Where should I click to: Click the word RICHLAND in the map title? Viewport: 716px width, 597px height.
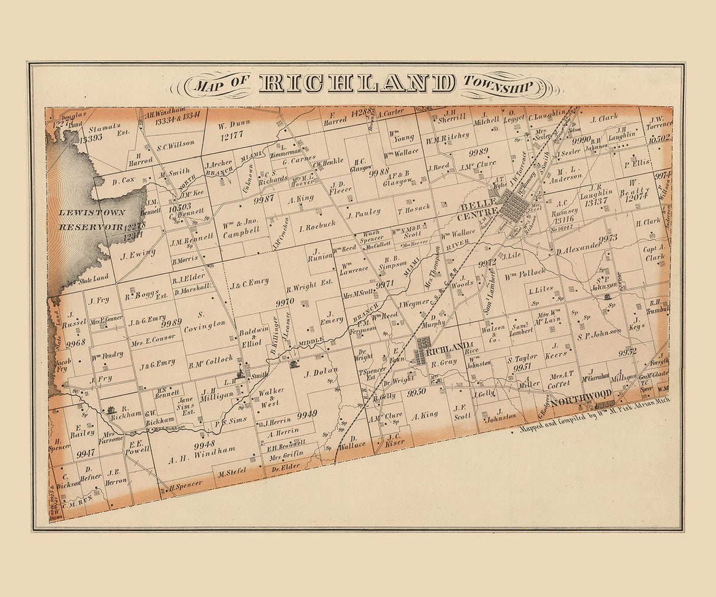357,84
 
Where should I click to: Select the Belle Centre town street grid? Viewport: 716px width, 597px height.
514,207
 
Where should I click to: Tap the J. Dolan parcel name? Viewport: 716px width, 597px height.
321,372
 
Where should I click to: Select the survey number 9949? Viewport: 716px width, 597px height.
307,415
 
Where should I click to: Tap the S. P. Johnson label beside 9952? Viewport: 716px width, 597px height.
599,333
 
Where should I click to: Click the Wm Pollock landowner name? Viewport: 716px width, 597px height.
525,274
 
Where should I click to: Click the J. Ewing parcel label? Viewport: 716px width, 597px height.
137,254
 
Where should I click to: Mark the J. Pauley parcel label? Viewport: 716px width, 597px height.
364,212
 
